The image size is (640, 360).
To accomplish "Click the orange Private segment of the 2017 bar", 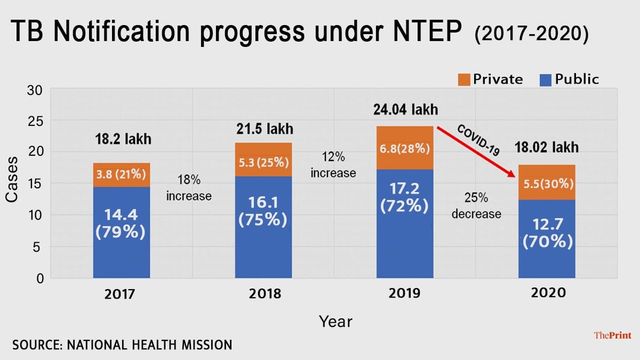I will (121, 175).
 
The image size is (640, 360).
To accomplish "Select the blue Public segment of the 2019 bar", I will (405, 224).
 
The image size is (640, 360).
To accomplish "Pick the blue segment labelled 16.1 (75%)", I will (263, 227).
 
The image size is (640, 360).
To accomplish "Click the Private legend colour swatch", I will (464, 80).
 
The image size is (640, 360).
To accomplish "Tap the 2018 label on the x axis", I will (263, 294).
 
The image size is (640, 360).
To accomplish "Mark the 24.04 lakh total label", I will (405, 110).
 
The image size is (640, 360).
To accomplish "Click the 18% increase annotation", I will (189, 188).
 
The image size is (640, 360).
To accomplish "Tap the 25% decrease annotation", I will (476, 206).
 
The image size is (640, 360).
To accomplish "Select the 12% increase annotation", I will (333, 165).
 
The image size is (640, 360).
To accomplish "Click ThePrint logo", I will (612, 335).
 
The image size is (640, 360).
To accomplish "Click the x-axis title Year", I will (335, 321).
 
